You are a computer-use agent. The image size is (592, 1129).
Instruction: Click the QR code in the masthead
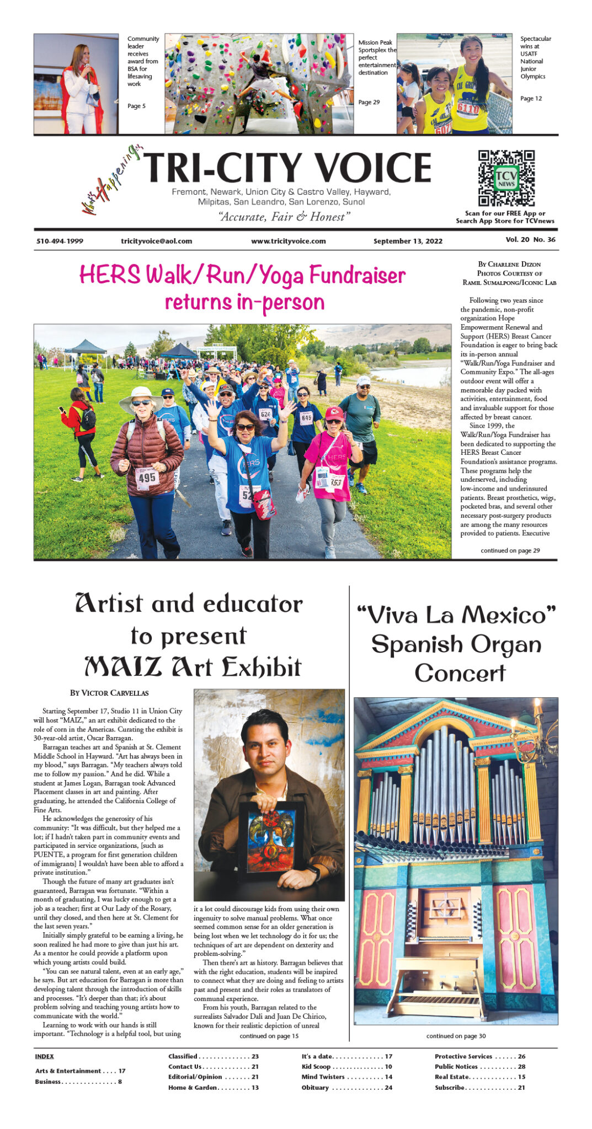[x=506, y=178]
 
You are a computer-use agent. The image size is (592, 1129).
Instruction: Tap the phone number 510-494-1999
[x=60, y=241]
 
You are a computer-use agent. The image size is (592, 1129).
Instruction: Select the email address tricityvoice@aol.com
[x=157, y=241]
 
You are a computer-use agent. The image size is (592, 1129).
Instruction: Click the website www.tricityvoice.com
[x=288, y=241]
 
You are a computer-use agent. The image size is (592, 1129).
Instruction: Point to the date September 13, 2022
[x=408, y=241]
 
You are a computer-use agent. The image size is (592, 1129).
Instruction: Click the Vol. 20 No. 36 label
[x=530, y=240]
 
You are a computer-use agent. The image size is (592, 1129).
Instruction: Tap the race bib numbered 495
[x=147, y=478]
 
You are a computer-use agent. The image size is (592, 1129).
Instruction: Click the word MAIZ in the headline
[x=123, y=666]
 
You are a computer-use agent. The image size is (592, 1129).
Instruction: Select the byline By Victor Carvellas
[x=109, y=693]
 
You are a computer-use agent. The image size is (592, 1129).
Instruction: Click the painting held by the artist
[x=270, y=837]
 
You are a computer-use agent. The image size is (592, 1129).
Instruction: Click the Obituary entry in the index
[x=315, y=1088]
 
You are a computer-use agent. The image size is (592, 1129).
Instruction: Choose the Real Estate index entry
[x=452, y=1077]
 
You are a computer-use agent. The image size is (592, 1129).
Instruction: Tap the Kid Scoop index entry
[x=316, y=1067]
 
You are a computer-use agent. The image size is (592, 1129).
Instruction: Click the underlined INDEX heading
[x=44, y=1056]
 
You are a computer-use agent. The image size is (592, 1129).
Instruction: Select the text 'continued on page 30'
[x=456, y=1036]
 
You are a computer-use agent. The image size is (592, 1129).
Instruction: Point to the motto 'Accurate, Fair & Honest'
[x=284, y=217]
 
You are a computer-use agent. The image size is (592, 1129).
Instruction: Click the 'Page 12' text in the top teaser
[x=531, y=99]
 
